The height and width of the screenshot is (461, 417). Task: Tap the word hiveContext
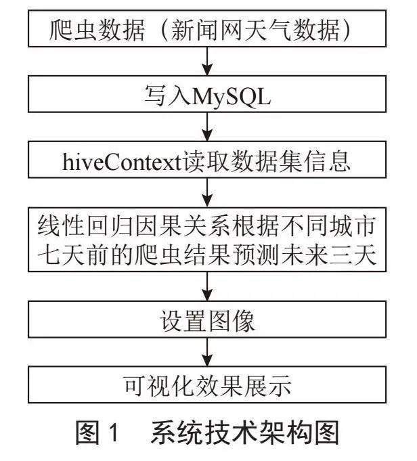click(121, 161)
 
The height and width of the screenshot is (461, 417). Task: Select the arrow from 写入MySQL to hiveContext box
click(207, 127)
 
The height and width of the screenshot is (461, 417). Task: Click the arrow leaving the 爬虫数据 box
click(207, 61)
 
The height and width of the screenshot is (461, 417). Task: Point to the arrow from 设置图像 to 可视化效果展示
click(207, 352)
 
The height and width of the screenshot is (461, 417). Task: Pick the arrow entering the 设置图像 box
click(207, 286)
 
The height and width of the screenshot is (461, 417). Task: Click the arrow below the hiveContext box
click(207, 192)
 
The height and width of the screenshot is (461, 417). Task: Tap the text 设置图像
click(207, 320)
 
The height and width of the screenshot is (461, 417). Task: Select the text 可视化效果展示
click(207, 386)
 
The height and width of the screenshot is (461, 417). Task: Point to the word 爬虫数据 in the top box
click(97, 30)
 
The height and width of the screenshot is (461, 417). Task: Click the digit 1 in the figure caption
click(113, 432)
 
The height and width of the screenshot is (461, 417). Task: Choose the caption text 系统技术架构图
click(245, 432)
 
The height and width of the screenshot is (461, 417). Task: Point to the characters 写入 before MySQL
click(168, 96)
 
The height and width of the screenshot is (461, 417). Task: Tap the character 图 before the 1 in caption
click(87, 432)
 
